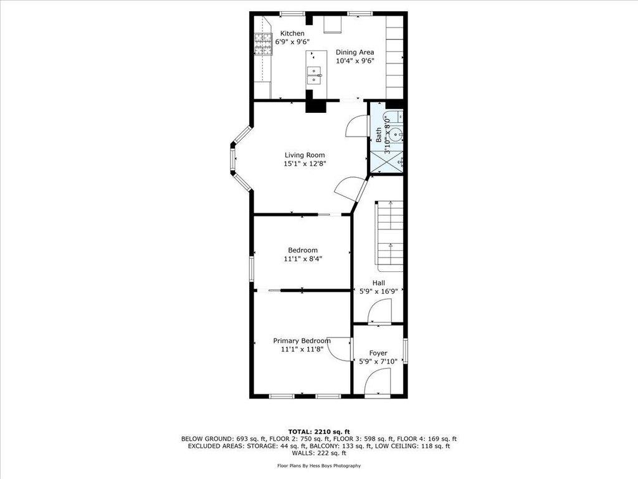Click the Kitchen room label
point(292,34)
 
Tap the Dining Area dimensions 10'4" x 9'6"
point(355,60)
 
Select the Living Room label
point(305,155)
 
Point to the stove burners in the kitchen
point(264,44)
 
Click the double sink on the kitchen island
point(314,75)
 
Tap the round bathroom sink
point(396,133)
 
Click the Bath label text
point(379,135)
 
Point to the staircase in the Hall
point(389,236)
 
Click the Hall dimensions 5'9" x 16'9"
point(379,291)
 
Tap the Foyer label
point(378,353)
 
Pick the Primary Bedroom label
point(302,341)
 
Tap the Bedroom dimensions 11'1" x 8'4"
point(302,259)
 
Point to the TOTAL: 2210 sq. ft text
point(319,432)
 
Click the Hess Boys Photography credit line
point(319,465)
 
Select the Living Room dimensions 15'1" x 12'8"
point(305,164)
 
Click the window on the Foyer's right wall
point(405,351)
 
